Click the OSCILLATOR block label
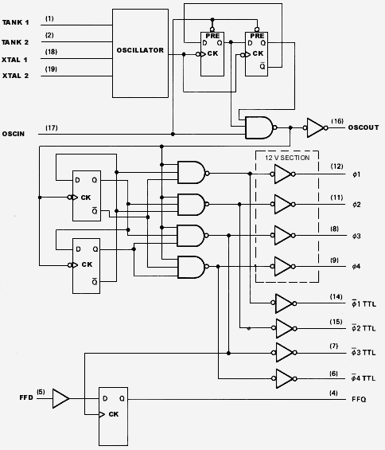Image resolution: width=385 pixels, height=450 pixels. [140, 50]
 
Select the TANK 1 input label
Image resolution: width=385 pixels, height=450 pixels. [15, 22]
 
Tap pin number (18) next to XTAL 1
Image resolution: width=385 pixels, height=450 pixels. [51, 52]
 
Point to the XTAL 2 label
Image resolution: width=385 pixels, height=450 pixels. [15, 76]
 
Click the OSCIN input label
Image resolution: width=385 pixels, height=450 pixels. [14, 134]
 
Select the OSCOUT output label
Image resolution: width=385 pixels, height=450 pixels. [364, 127]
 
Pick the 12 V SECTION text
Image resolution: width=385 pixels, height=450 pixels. [287, 158]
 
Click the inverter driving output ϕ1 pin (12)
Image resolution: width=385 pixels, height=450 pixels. [283, 174]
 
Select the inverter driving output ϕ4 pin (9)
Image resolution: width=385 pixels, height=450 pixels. [283, 266]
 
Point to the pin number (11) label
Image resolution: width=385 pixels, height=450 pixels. [336, 198]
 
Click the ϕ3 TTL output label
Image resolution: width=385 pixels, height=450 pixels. [364, 352]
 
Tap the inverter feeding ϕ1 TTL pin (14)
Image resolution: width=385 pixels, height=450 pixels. [284, 303]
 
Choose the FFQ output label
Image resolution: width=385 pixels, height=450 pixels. [359, 399]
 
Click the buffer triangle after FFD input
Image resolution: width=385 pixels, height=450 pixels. [60, 399]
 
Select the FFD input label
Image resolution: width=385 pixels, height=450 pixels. [26, 397]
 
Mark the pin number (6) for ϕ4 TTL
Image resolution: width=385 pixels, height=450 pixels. [333, 374]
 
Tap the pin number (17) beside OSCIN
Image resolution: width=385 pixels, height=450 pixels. [52, 128]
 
